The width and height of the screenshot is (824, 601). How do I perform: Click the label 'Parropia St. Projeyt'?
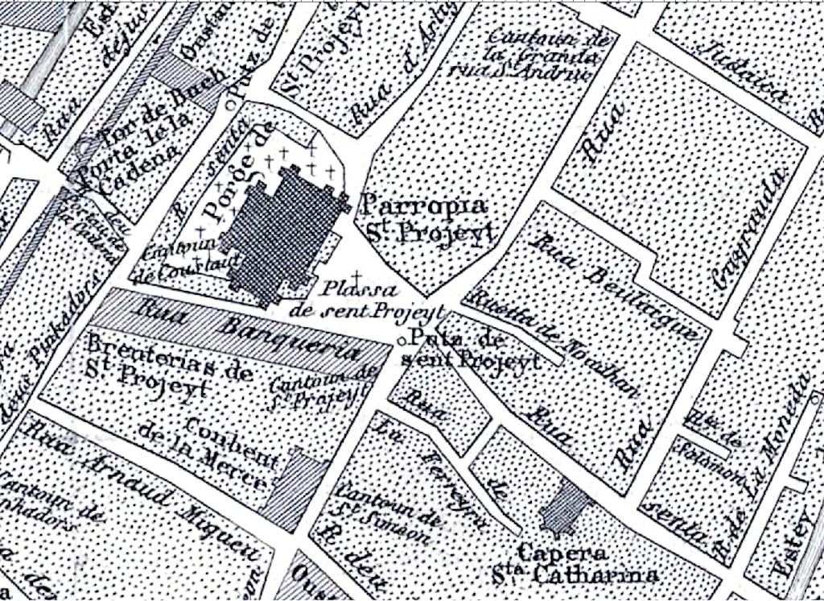(x=424, y=218)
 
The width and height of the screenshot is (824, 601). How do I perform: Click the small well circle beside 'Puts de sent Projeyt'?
(x=402, y=340)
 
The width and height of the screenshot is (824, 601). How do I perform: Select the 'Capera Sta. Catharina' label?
(x=575, y=564)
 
